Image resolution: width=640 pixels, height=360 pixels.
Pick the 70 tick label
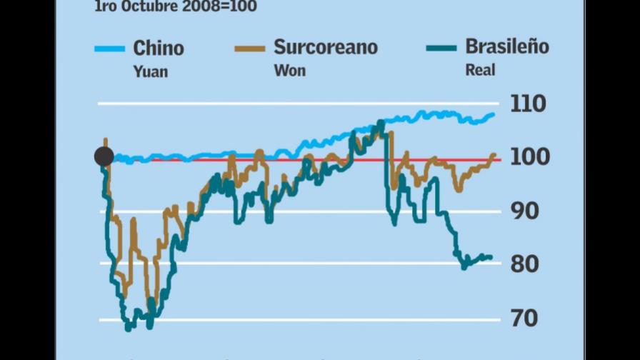tap(524, 317)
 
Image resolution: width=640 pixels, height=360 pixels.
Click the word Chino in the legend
tap(159, 49)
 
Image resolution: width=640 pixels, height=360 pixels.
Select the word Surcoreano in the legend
tap(326, 48)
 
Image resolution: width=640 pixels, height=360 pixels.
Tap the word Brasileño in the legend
tap(507, 47)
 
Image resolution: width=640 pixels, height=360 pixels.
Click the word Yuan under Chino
tap(151, 71)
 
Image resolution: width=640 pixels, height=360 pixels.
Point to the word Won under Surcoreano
tap(289, 71)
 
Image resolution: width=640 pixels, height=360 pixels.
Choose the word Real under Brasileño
tap(480, 70)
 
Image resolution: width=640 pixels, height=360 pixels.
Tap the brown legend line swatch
tap(249, 49)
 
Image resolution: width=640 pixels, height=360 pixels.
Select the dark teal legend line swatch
tap(441, 49)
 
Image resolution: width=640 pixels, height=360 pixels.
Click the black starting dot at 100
tap(104, 157)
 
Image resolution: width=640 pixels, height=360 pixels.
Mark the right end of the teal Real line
tap(491, 258)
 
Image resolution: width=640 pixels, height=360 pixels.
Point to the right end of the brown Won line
tap(494, 155)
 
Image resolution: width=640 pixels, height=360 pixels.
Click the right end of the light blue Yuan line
tap(494, 114)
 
